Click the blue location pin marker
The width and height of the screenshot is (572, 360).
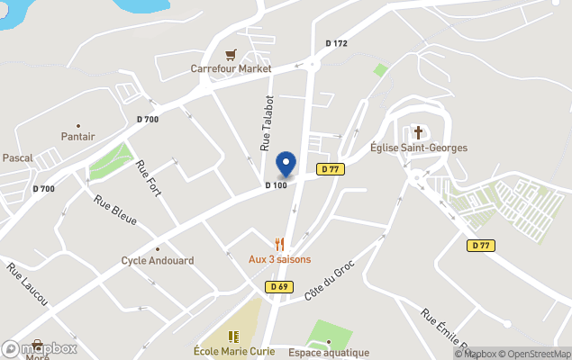coord(286,163)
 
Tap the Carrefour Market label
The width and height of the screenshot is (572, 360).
coord(231,68)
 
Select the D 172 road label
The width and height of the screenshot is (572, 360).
coord(336,43)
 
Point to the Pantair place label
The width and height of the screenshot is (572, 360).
coord(78,136)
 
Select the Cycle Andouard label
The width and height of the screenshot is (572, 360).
coord(158,261)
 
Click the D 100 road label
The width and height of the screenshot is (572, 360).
coord(276,186)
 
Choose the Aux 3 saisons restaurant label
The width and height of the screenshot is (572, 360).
coord(279,259)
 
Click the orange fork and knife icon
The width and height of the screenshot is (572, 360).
coord(280,244)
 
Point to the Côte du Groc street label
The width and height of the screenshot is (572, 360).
coord(331,281)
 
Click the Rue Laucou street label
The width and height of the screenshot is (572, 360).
coord(27,284)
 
